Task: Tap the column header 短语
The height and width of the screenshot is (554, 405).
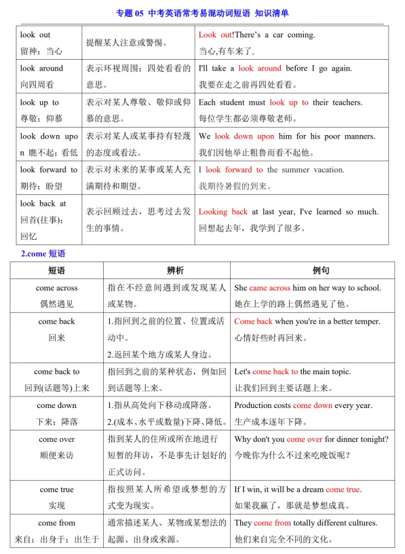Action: pyautogui.click(x=57, y=270)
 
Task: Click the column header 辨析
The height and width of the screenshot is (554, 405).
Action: pyautogui.click(x=167, y=270)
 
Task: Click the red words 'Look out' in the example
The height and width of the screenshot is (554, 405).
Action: pyautogui.click(x=215, y=35)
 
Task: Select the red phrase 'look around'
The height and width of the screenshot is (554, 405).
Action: pyautogui.click(x=260, y=69)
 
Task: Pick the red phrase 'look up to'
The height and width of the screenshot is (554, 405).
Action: pyautogui.click(x=288, y=103)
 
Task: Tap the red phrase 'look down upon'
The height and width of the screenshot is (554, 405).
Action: pyautogui.click(x=244, y=136)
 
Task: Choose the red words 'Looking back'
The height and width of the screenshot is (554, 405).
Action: pyautogui.click(x=223, y=212)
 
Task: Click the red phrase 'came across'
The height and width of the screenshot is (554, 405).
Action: pyautogui.click(x=269, y=288)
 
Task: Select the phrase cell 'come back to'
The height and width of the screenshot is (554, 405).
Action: pyautogui.click(x=57, y=371)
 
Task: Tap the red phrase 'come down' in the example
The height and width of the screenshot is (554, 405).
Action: pyautogui.click(x=313, y=405)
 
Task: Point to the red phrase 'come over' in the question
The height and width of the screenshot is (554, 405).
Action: pyautogui.click(x=305, y=439)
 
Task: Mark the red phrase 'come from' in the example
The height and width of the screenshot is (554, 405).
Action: pyautogui.click(x=272, y=523)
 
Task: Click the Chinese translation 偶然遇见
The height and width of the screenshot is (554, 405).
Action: pyautogui.click(x=57, y=304)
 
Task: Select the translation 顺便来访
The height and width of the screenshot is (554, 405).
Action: pyautogui.click(x=57, y=456)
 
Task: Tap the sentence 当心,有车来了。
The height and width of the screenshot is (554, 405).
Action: pyautogui.click(x=233, y=51)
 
